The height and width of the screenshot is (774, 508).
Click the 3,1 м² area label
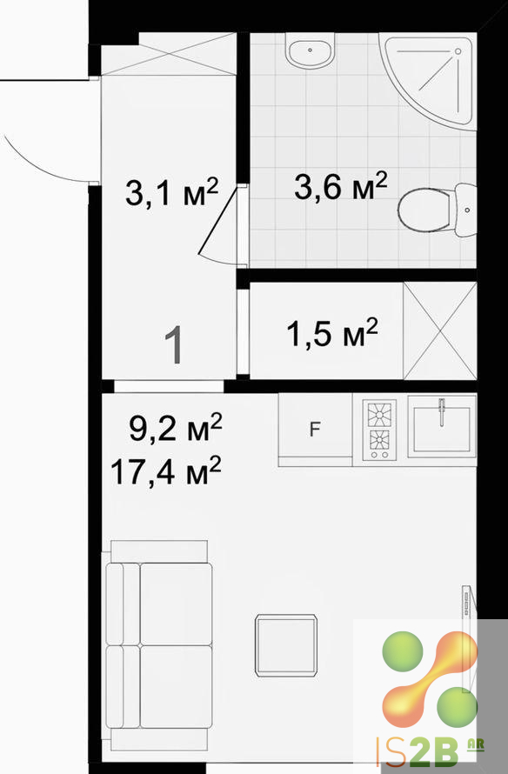click(172, 192)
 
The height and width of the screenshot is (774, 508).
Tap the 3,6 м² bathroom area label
click(341, 186)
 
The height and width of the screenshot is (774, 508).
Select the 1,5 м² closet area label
click(332, 333)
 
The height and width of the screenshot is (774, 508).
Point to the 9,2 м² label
click(176, 428)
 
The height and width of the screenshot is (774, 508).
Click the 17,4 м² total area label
click(165, 470)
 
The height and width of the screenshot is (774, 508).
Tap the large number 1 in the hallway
click(174, 345)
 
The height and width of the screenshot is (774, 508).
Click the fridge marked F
click(315, 430)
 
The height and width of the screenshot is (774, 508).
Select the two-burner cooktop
click(379, 430)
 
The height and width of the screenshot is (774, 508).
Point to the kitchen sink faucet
click(442, 411)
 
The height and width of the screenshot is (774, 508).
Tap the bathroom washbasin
click(310, 50)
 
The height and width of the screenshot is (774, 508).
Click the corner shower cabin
click(431, 79)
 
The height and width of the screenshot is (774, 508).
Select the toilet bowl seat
click(424, 210)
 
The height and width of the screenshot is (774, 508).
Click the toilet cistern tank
click(465, 210)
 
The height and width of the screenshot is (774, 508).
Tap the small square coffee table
click(286, 645)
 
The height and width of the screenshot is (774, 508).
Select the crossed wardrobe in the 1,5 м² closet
click(440, 330)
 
